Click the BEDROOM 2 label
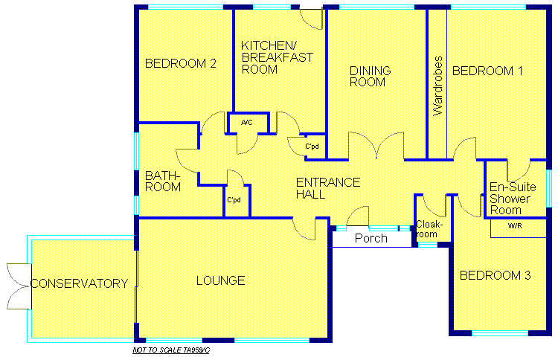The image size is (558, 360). pyautogui.click(x=181, y=63)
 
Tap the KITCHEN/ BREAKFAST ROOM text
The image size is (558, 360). pyautogui.click(x=278, y=57)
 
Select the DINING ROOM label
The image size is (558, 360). pyautogui.click(x=370, y=76)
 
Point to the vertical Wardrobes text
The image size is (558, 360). pyautogui.click(x=437, y=86)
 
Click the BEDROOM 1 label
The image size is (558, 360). pyautogui.click(x=487, y=71)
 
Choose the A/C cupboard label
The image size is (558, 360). pyautogui.click(x=246, y=123)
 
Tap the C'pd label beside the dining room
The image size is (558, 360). pyautogui.click(x=312, y=147)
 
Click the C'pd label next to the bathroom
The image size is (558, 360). pyautogui.click(x=234, y=200)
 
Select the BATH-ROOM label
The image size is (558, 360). pyautogui.click(x=163, y=181)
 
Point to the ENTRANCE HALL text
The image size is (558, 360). pyautogui.click(x=328, y=188)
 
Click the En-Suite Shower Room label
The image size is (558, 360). pyautogui.click(x=513, y=199)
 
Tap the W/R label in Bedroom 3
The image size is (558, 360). pyautogui.click(x=515, y=225)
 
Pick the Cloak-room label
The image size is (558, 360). pyautogui.click(x=429, y=229)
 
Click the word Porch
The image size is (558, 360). pyautogui.click(x=371, y=238)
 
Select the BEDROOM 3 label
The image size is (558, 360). pyautogui.click(x=495, y=275)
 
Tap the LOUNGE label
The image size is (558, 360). pyautogui.click(x=221, y=280)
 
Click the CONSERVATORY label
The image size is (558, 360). pyautogui.click(x=80, y=283)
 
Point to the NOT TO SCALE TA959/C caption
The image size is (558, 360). pyautogui.click(x=171, y=350)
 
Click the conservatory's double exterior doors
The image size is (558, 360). pyautogui.click(x=18, y=286)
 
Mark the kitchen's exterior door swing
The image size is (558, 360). pyautogui.click(x=312, y=19)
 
